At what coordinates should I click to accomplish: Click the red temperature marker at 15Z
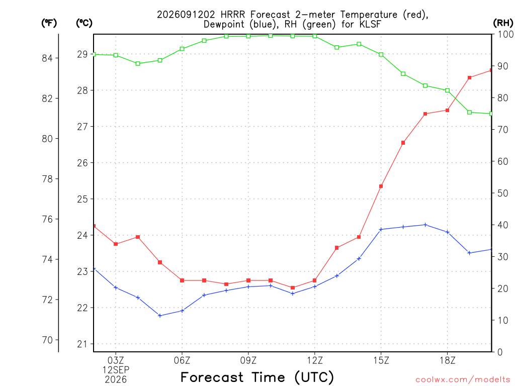381,186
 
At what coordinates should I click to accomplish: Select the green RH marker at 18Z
447,90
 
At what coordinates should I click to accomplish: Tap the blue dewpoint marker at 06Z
182,311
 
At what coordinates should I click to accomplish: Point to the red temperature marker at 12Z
315,280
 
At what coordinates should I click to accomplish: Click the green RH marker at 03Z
116,55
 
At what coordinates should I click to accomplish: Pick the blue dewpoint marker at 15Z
381,229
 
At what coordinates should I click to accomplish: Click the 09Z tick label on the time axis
248,360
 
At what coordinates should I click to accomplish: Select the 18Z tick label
447,360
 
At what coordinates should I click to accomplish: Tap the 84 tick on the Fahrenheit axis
47,58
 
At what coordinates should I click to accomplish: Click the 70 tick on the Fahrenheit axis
47,340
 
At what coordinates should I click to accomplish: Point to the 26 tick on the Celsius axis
83,163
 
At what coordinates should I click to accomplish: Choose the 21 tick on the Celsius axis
83,344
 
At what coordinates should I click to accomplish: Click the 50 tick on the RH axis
502,193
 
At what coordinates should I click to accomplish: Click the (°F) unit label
49,23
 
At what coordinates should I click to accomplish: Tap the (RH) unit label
503,23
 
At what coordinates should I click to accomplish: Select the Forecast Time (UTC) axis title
257,377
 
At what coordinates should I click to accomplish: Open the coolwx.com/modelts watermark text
463,380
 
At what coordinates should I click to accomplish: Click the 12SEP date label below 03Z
116,370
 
